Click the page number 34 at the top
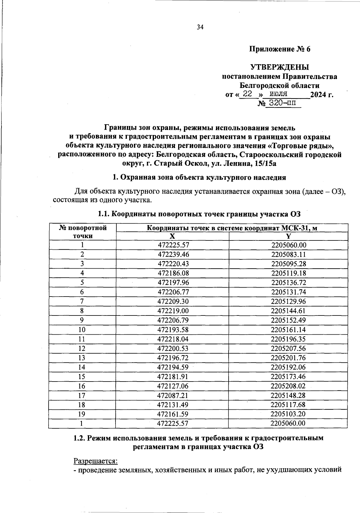(200, 28)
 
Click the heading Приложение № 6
(280, 49)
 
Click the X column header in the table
(172, 236)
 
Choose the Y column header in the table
(288, 236)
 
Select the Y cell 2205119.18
(289, 273)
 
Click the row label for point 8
(82, 311)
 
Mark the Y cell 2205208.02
(288, 386)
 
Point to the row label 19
(82, 414)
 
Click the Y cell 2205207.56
(288, 348)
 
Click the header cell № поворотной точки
(82, 232)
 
